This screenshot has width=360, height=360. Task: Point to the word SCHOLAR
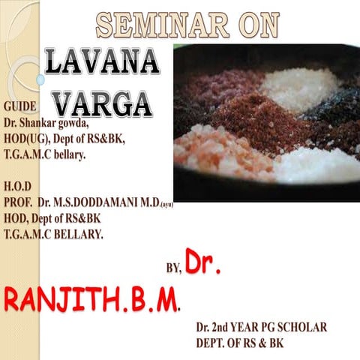300,328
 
